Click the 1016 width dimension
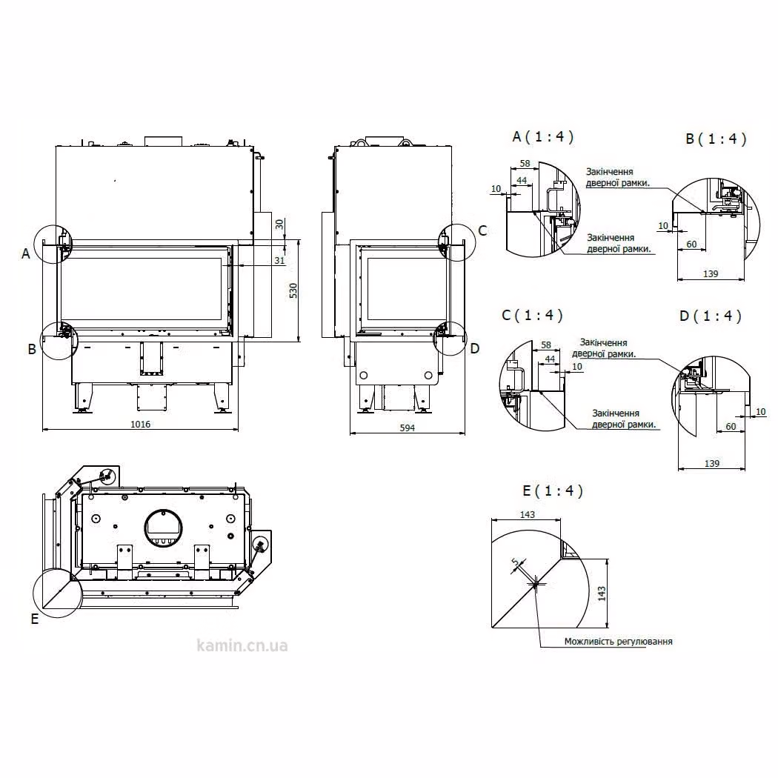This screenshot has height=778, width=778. click(x=141, y=425)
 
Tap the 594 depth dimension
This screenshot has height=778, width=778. click(x=407, y=428)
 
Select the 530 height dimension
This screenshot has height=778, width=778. click(x=293, y=290)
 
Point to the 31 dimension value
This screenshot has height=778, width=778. click(x=279, y=261)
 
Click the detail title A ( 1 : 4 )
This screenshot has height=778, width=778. click(x=543, y=136)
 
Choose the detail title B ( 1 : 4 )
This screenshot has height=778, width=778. click(x=716, y=139)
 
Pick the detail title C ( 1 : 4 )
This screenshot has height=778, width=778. click(x=533, y=315)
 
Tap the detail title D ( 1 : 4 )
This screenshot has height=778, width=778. click(x=711, y=316)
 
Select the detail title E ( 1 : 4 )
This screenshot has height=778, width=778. click(x=553, y=491)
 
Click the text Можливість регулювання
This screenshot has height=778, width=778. click(x=618, y=642)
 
